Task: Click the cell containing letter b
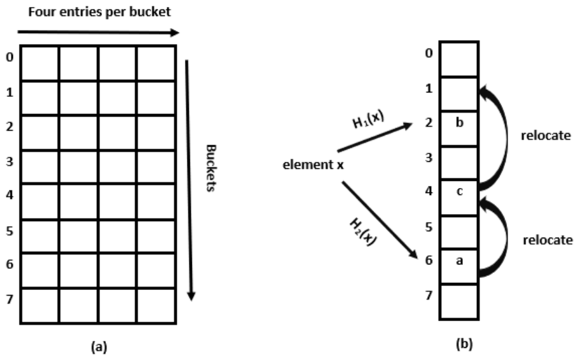coord(459,128)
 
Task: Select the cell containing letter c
coord(459,198)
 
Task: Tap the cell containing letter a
coord(459,267)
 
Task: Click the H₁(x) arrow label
coord(368,120)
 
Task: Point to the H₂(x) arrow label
coord(363,232)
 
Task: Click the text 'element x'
coord(313,164)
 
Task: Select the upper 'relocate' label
coord(546,136)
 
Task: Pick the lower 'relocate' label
coord(548,240)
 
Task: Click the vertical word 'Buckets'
coord(210,168)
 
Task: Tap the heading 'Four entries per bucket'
coord(99,12)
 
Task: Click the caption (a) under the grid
coord(99,347)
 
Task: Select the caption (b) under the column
coord(464,344)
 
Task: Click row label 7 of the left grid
coord(10,299)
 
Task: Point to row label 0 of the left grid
coord(10,57)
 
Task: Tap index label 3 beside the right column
coord(429,157)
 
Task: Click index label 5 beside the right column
coord(429,227)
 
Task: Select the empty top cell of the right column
coord(459,59)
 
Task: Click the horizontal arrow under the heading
coord(98,32)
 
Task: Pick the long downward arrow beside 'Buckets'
coord(189,180)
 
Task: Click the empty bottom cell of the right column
coord(459,301)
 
